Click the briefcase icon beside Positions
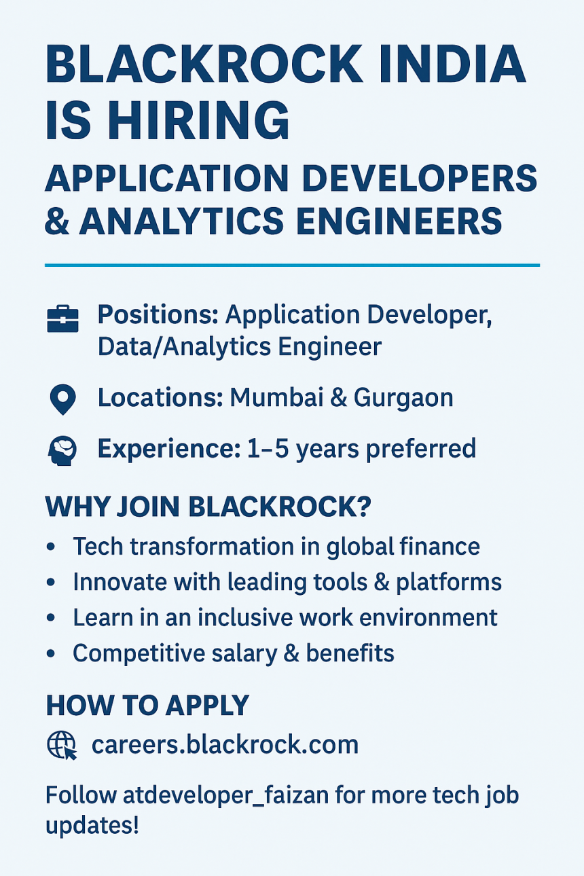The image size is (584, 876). [x=62, y=318]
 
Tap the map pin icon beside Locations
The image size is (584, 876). [x=62, y=399]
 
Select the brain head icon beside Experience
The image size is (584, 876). [x=62, y=450]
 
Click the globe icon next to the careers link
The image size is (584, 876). [x=62, y=746]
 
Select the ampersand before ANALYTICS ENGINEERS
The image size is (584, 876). [x=57, y=221]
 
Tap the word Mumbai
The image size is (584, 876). [x=276, y=398]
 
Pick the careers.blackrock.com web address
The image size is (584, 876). [x=225, y=745]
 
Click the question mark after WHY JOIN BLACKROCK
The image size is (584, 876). [x=364, y=507]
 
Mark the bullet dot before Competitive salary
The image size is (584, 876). [x=50, y=653]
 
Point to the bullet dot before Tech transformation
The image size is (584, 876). [x=50, y=547]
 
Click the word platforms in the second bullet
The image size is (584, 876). [x=449, y=583]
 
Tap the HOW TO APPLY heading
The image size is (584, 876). [x=147, y=706]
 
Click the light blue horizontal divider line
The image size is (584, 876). [x=292, y=265]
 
